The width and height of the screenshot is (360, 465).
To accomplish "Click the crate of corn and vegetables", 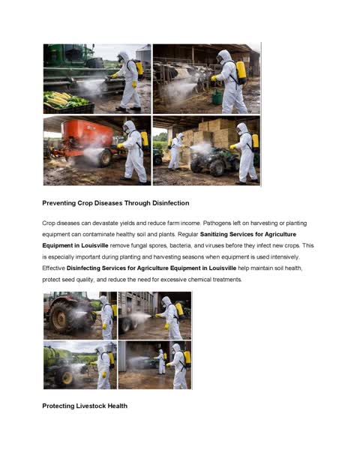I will (67, 100).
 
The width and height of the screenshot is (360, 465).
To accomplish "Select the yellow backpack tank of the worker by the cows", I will (241, 72).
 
